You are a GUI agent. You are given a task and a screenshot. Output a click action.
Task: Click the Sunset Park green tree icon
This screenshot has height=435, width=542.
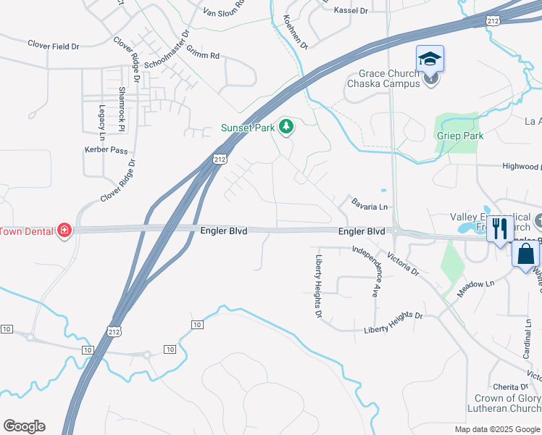[x=286, y=128]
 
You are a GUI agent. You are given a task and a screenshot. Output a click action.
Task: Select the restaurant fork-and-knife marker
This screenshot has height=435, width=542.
[x=498, y=230]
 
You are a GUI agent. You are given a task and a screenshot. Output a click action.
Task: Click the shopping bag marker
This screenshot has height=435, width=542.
[x=525, y=254]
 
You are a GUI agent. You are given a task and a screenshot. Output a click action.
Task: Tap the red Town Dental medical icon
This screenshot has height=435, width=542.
[x=64, y=230]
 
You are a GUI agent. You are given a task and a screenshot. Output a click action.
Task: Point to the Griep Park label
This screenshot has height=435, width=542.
[x=459, y=136]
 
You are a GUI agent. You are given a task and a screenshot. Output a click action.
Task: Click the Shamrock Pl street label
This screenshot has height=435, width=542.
[x=122, y=109]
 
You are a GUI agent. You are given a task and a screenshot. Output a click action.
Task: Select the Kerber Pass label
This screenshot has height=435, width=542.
[x=106, y=149]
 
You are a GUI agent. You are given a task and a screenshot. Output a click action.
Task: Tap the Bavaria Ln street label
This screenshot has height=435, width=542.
[x=370, y=207]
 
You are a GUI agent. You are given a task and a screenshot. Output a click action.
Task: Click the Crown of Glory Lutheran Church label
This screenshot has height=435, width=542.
[x=507, y=404]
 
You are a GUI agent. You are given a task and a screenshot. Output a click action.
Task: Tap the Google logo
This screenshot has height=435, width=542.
[x=24, y=426]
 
